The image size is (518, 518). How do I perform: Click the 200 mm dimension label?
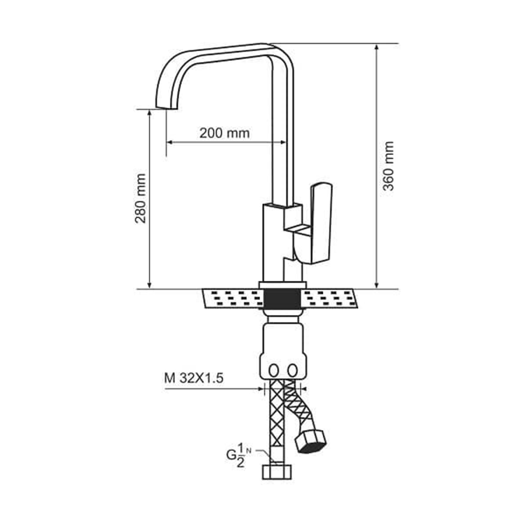[224, 133]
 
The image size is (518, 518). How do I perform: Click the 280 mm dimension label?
[140, 198]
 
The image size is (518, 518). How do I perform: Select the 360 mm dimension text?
[388, 166]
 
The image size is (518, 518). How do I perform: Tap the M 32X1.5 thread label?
[194, 378]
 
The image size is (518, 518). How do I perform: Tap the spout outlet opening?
[166, 108]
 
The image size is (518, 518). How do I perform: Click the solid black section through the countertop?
[282, 299]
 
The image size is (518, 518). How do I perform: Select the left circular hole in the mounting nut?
[274, 370]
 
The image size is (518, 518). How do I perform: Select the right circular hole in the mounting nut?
[292, 370]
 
